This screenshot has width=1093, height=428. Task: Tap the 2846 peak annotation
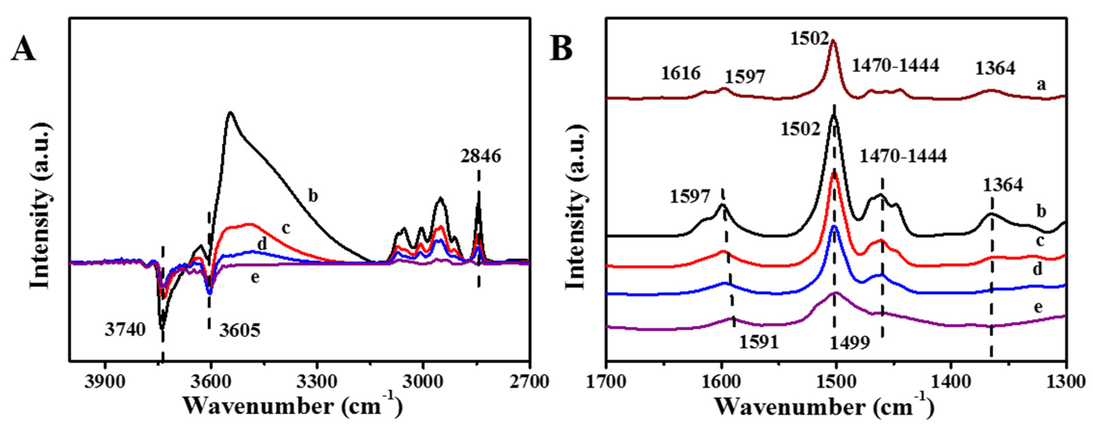tap(480, 156)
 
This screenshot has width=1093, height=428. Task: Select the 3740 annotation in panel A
tap(125, 330)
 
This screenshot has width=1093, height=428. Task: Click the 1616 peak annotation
tap(681, 73)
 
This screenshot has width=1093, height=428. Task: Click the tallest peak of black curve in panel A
tap(230, 112)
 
